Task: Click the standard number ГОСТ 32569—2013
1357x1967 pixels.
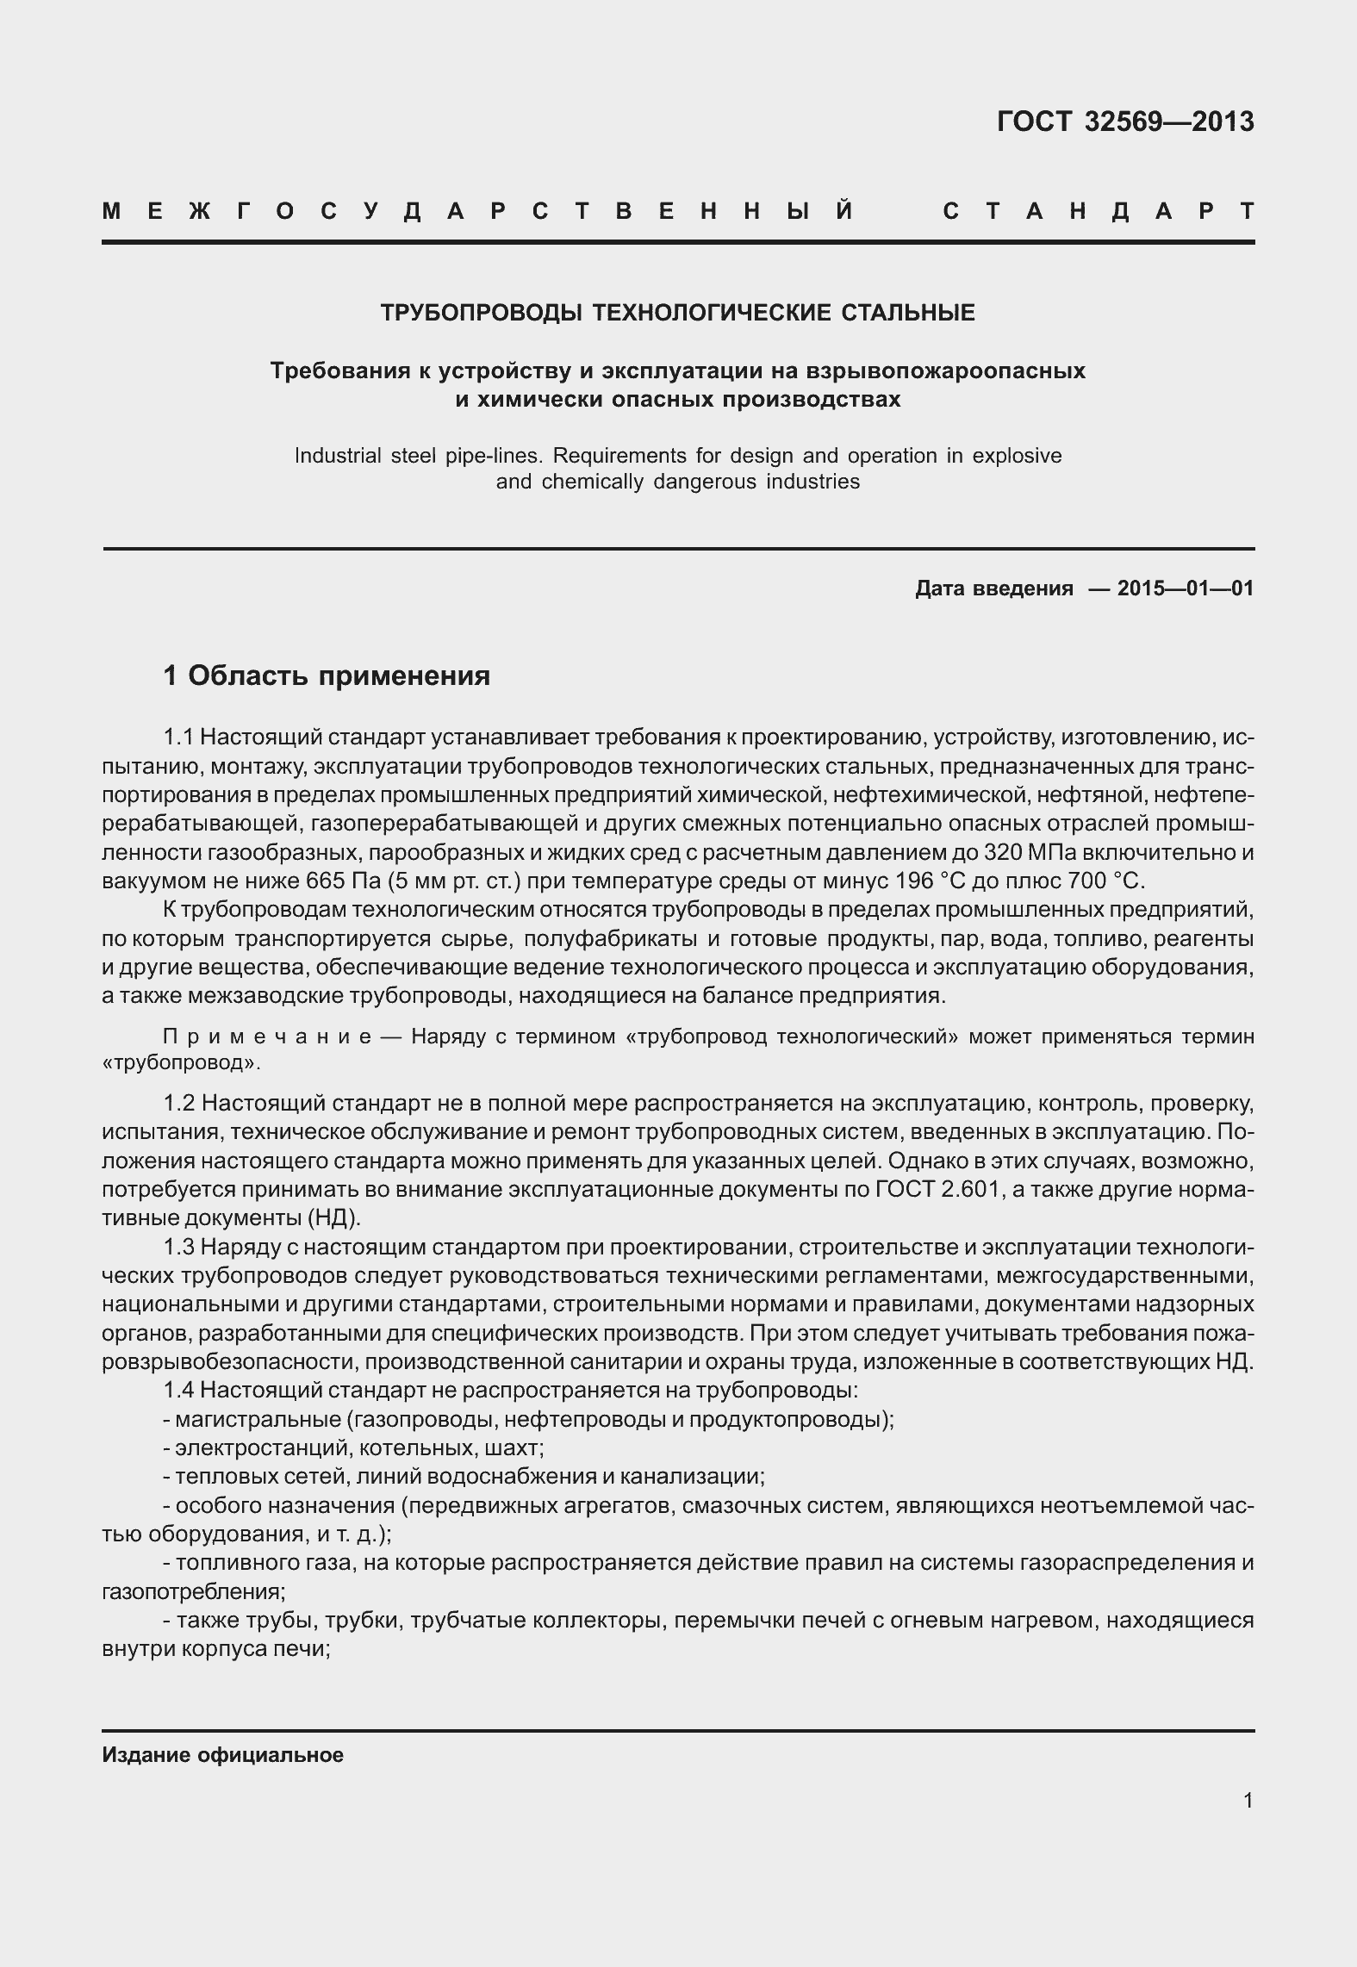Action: point(1124,122)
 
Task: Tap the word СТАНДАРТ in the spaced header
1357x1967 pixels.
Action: point(1099,212)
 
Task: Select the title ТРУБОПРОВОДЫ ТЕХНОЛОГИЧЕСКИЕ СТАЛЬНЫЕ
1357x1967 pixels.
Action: point(678,313)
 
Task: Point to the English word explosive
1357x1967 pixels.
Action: point(1017,455)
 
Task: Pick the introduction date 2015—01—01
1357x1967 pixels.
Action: point(1185,588)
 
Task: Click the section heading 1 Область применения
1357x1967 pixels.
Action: point(327,676)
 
